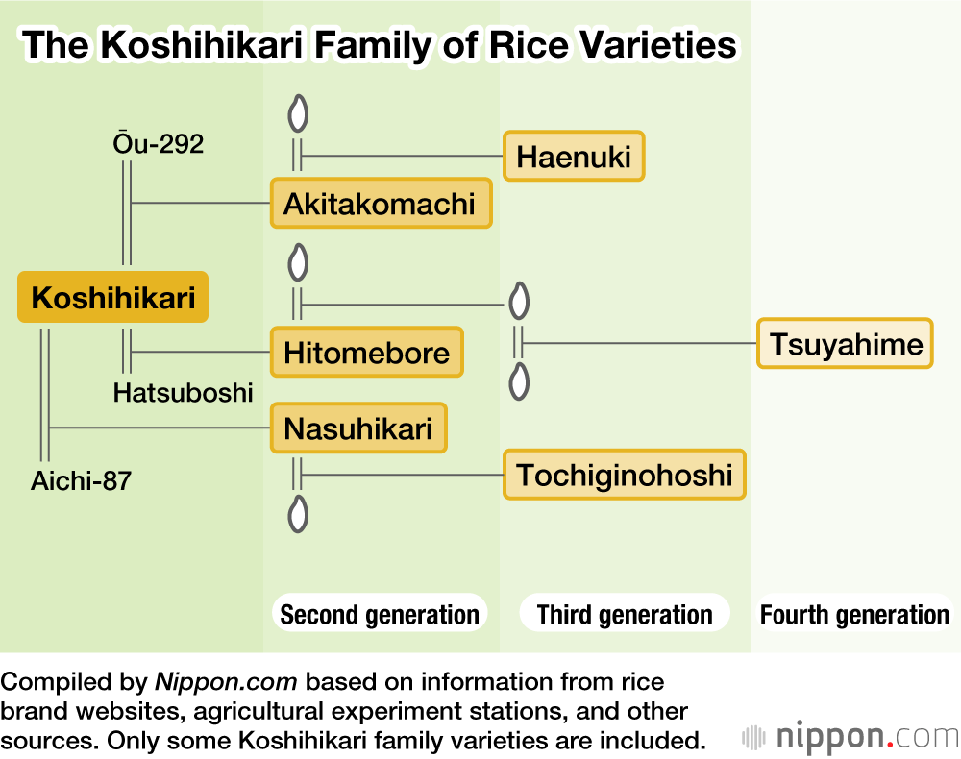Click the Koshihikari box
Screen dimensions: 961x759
tap(112, 297)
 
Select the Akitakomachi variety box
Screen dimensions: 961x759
tap(382, 204)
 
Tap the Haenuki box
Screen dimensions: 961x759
tap(574, 157)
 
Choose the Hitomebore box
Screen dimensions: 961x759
tap(366, 353)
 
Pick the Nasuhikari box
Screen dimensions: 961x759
tap(358, 428)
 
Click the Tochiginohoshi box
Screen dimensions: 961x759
tap(625, 475)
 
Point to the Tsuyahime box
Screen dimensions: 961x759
tap(845, 344)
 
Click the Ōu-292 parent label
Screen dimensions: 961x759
tap(159, 143)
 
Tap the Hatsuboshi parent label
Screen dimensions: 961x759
tap(183, 393)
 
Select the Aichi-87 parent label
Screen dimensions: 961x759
tap(81, 481)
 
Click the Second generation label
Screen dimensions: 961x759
tap(380, 615)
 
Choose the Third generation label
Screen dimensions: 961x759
tap(625, 615)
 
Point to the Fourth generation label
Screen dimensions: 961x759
tap(854, 615)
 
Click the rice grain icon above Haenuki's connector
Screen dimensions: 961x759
tap(298, 113)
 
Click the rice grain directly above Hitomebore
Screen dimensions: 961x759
tap(298, 262)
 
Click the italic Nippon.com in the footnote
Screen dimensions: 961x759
tap(226, 682)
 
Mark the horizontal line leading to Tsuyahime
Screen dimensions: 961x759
tap(640, 343)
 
